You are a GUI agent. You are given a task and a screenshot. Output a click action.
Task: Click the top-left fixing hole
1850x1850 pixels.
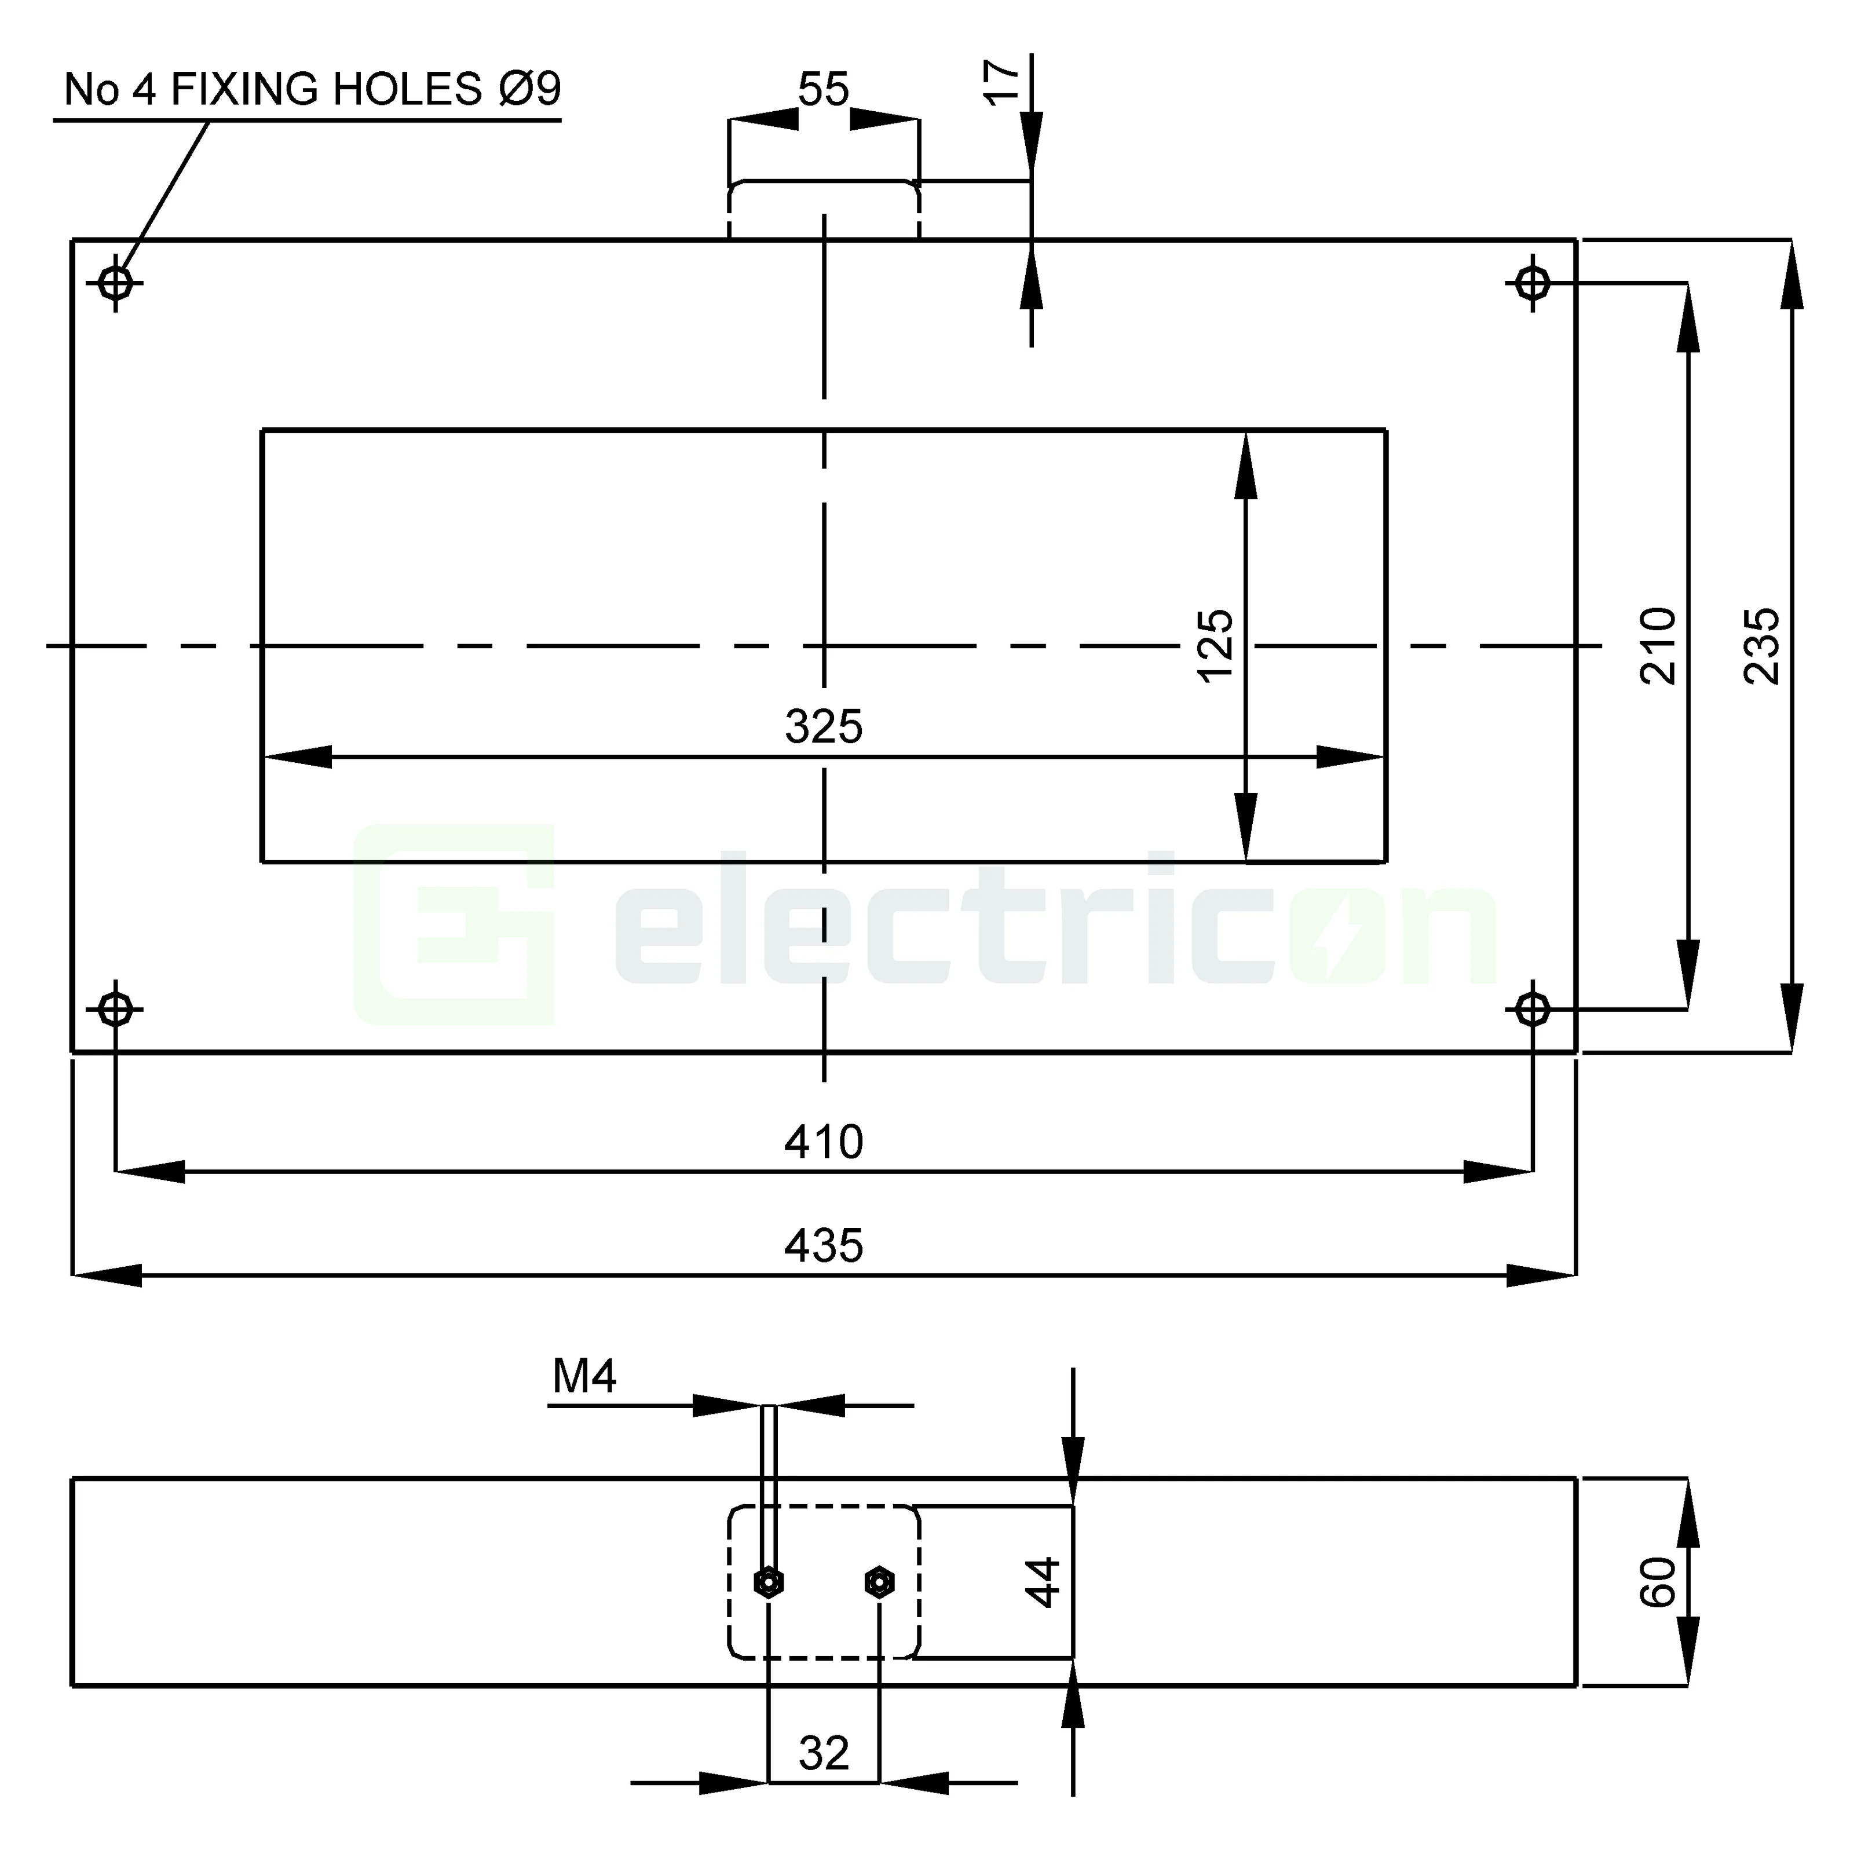(116, 283)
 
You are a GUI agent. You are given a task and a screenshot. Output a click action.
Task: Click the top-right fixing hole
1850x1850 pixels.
(1533, 283)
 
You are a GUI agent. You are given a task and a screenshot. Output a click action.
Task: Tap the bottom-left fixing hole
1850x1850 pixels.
(116, 1009)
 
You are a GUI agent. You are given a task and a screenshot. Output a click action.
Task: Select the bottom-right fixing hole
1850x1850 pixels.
(1533, 1009)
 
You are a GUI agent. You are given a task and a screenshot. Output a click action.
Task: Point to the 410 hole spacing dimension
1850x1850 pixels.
(824, 1142)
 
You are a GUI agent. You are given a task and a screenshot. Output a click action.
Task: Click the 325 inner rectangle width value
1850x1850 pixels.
(824, 727)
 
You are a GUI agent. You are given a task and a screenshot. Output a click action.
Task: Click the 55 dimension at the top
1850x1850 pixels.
(824, 90)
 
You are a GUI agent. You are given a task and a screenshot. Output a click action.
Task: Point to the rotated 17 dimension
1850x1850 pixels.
(1001, 82)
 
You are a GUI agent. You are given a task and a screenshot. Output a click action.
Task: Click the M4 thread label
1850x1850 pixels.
(584, 1377)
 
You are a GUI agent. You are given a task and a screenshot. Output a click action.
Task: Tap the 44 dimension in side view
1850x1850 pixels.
(1043, 1582)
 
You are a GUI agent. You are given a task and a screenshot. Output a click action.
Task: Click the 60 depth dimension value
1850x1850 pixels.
(1658, 1582)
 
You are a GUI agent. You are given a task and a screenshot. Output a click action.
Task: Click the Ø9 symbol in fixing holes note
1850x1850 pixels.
(529, 90)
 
